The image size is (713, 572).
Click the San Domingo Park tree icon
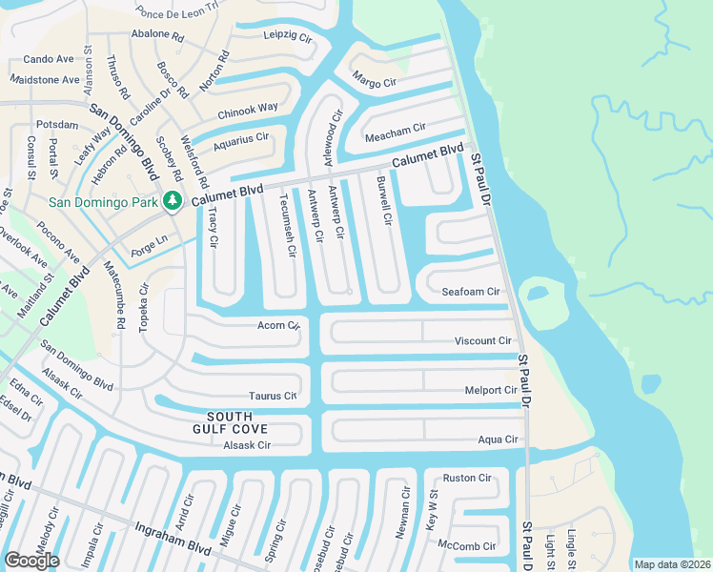pyautogui.click(x=173, y=200)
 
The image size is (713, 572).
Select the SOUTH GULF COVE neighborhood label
pyautogui.click(x=230, y=423)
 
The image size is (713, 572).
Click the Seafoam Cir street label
pyautogui.click(x=471, y=292)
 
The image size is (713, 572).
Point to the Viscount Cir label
pyautogui.click(x=483, y=340)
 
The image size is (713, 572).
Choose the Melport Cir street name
pyautogui.click(x=490, y=390)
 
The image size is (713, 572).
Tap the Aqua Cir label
pyautogui.click(x=498, y=439)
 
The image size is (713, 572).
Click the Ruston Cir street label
pyautogui.click(x=467, y=479)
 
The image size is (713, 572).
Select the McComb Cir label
pyautogui.click(x=467, y=546)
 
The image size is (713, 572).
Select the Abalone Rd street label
pyautogui.click(x=158, y=34)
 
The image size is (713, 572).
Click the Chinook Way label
pyautogui.click(x=248, y=110)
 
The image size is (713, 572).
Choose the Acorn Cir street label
pyautogui.click(x=279, y=325)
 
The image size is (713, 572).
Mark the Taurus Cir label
pyautogui.click(x=273, y=396)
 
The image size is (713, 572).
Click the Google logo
pyautogui.click(x=31, y=561)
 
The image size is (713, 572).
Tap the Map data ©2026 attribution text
pyautogui.click(x=672, y=564)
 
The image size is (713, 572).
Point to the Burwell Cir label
pyautogui.click(x=383, y=200)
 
